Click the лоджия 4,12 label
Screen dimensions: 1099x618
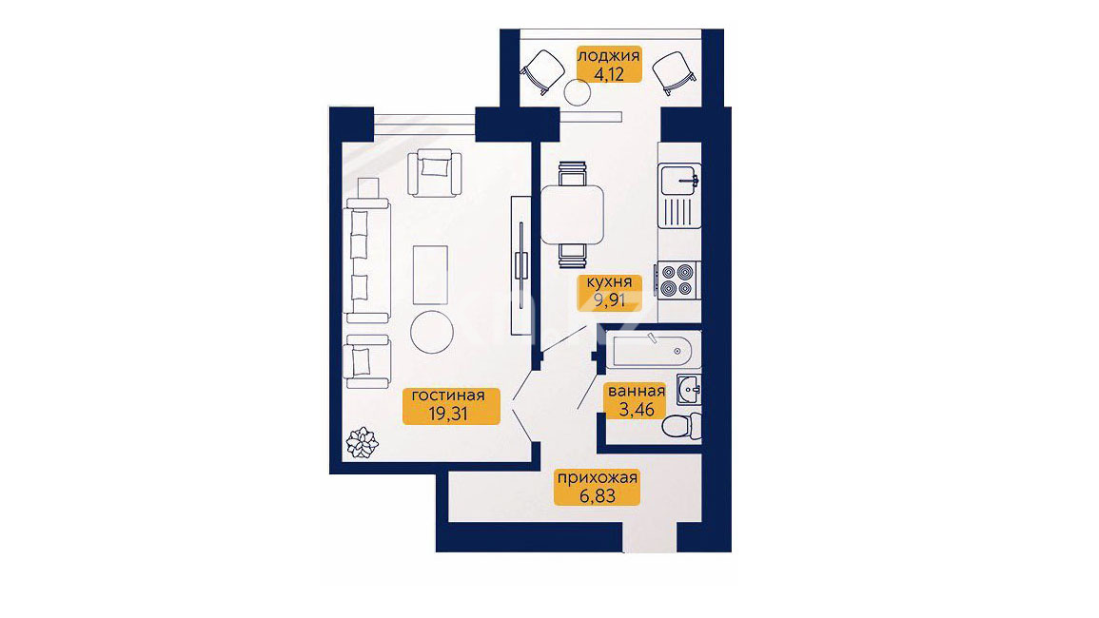pyautogui.click(x=608, y=64)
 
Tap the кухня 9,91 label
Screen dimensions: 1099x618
pyautogui.click(x=608, y=292)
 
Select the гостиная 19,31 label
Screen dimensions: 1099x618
pyautogui.click(x=451, y=405)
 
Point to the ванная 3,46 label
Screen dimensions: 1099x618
pyautogui.click(x=636, y=401)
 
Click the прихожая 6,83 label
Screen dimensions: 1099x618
pyautogui.click(x=597, y=487)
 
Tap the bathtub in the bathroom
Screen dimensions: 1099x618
pyautogui.click(x=657, y=350)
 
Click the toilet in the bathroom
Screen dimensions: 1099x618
pyautogui.click(x=681, y=426)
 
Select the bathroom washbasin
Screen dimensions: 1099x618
pyautogui.click(x=689, y=389)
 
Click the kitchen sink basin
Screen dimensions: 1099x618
pyautogui.click(x=679, y=181)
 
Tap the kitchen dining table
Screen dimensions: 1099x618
pyautogui.click(x=572, y=215)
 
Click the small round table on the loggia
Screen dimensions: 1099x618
pyautogui.click(x=579, y=92)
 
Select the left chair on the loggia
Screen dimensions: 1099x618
pyautogui.click(x=542, y=71)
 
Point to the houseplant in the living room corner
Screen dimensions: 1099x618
pyautogui.click(x=363, y=441)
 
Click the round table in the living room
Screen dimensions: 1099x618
pyautogui.click(x=432, y=332)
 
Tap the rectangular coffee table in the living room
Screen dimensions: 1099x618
pyautogui.click(x=430, y=275)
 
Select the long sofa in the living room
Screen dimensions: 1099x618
pyautogui.click(x=366, y=260)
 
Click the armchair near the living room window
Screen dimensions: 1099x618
pyautogui.click(x=435, y=173)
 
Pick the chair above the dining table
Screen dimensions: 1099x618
pyautogui.click(x=572, y=174)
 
